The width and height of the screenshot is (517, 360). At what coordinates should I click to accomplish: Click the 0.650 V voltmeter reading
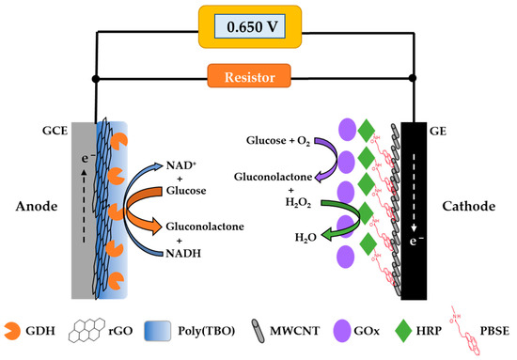pyautogui.click(x=258, y=26)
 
